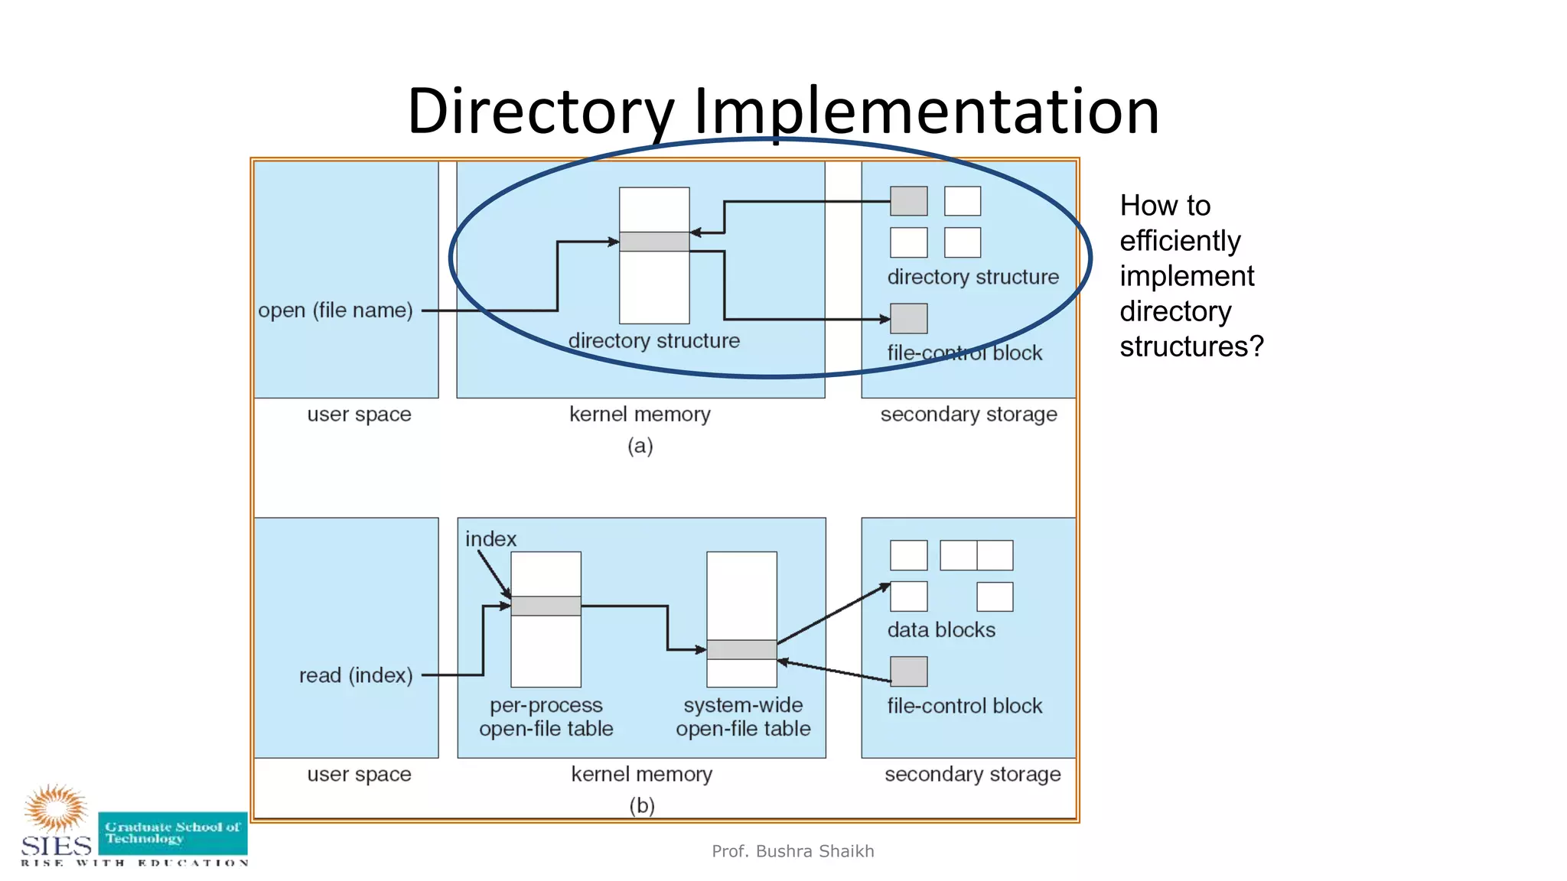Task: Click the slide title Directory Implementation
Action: point(783,111)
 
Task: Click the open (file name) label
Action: point(335,310)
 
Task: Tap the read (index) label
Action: point(356,675)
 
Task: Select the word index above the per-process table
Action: point(490,539)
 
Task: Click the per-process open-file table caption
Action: point(546,717)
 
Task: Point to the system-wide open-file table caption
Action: point(743,717)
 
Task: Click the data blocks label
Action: point(941,630)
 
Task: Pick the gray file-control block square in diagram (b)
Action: point(908,671)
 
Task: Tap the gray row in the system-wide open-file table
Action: point(741,649)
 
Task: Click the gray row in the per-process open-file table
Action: point(546,606)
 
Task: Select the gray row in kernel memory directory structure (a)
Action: point(654,242)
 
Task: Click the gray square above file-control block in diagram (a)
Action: point(908,318)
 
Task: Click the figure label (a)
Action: point(640,446)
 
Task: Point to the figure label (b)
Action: point(641,805)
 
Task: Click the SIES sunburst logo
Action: point(55,808)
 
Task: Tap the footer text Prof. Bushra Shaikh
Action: point(793,851)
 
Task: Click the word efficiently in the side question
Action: point(1180,241)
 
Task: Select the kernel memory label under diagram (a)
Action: point(640,414)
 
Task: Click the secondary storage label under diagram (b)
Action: point(972,775)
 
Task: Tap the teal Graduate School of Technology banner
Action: point(173,833)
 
